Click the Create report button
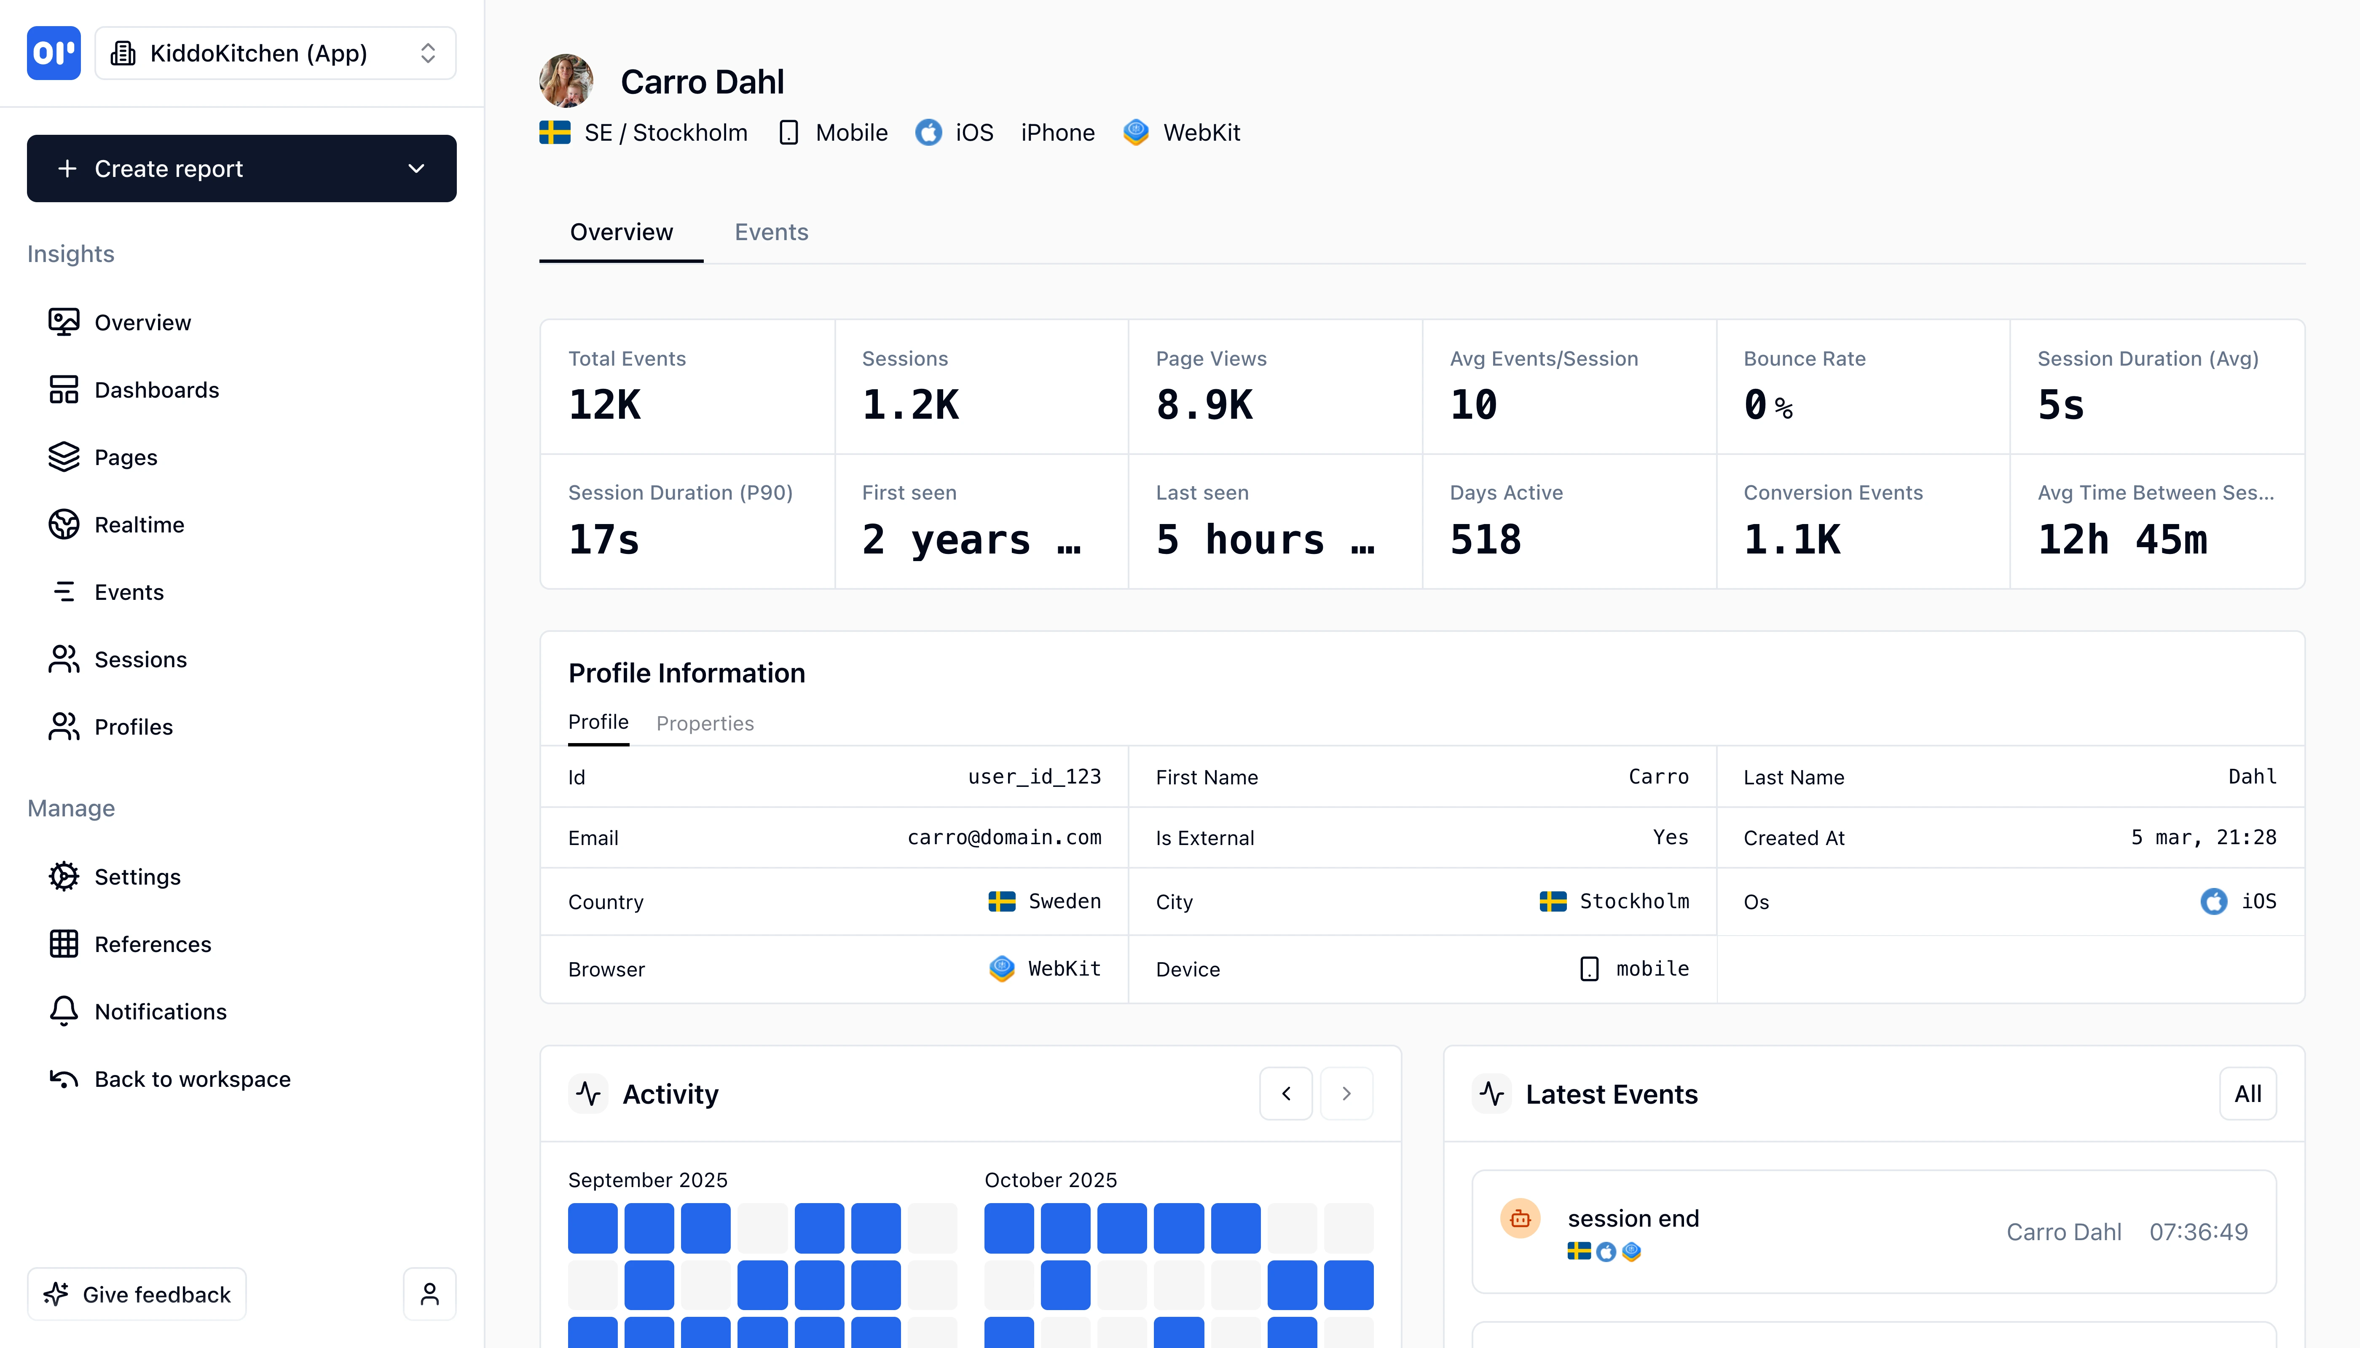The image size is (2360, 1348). (241, 168)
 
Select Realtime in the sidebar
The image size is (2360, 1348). (139, 525)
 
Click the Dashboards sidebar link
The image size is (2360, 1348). (156, 390)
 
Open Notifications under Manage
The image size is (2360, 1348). (160, 1012)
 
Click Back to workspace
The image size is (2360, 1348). (192, 1080)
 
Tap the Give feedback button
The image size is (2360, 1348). (137, 1295)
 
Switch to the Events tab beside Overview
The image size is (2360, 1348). (771, 233)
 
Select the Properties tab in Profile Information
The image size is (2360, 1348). (705, 723)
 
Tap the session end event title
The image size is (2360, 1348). (1633, 1218)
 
